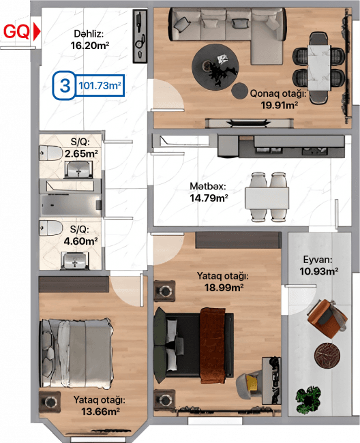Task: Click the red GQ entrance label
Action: [x=16, y=31]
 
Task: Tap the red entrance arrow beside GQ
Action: [x=37, y=31]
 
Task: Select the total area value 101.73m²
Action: [x=100, y=85]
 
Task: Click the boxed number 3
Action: [x=65, y=85]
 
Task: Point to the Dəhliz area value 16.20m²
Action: [x=89, y=46]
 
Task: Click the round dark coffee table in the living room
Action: [x=215, y=67]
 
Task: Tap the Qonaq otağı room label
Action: [x=278, y=93]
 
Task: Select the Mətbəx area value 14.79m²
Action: [x=209, y=198]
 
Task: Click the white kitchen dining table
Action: [x=267, y=198]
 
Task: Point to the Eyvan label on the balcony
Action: [x=317, y=260]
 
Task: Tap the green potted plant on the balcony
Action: [x=309, y=400]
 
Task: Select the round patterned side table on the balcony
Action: [x=327, y=355]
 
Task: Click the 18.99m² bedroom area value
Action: [x=224, y=288]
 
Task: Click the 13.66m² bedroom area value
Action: [x=100, y=412]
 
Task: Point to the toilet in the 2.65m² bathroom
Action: [x=51, y=153]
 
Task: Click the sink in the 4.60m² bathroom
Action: [x=75, y=260]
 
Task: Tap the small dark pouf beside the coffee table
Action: [x=239, y=91]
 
